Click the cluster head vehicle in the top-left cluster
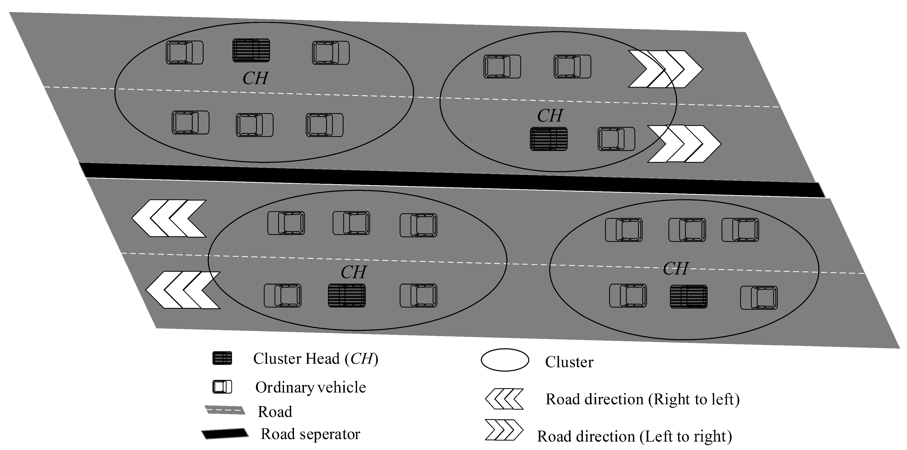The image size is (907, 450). pos(251,50)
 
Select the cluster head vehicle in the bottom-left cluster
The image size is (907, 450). pos(347,296)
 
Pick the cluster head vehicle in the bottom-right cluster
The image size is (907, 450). pos(688,297)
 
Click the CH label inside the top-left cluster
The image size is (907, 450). pos(255,78)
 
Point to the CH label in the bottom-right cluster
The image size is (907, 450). pos(675,269)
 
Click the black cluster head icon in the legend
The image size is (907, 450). pos(222,358)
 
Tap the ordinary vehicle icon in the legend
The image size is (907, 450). pos(222,387)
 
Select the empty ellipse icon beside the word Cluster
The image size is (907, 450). pos(504,360)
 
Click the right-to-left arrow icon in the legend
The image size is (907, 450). pos(504,399)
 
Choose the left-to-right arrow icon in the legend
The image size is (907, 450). pos(504,430)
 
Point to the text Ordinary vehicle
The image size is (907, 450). pos(311,387)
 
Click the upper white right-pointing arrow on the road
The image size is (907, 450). pos(665,69)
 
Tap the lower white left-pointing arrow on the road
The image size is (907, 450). pos(183,290)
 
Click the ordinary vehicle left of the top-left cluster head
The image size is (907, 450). pos(184,52)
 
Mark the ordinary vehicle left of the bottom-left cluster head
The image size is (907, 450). pos(283,296)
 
